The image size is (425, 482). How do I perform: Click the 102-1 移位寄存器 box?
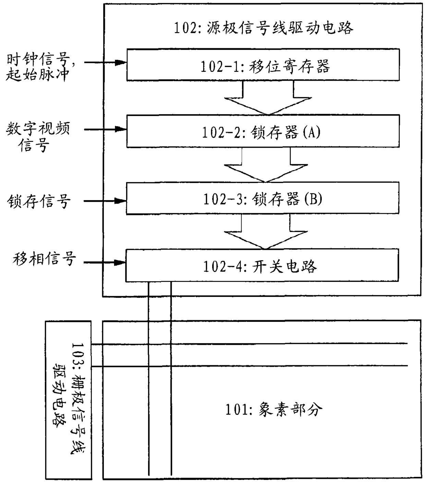[x=263, y=65]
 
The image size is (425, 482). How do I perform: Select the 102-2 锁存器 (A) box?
[x=263, y=132]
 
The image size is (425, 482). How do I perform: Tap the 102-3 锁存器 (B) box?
[x=263, y=199]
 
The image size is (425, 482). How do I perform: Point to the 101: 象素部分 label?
[x=274, y=409]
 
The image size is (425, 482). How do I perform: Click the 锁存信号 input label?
[x=39, y=201]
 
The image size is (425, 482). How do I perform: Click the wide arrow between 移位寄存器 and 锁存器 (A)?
[x=268, y=101]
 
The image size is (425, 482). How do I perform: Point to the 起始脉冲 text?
[x=38, y=74]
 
